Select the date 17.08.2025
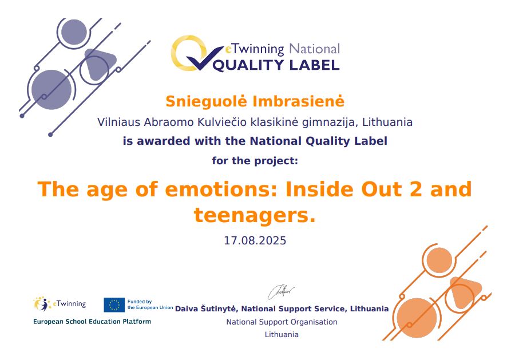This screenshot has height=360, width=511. click(255, 240)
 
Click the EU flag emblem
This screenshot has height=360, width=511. click(114, 305)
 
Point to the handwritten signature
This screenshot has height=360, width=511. click(281, 292)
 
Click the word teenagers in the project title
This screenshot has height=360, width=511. click(255, 216)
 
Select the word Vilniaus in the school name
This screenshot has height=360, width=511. click(118, 122)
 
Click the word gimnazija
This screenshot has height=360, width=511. click(331, 122)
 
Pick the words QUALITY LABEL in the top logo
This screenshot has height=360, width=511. click(276, 65)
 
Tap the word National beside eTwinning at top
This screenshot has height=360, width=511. click(315, 49)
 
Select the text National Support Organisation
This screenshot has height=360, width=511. click(282, 322)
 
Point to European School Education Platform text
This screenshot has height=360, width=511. click(92, 322)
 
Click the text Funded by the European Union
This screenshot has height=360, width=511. click(150, 304)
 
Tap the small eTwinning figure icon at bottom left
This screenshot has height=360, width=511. click(42, 304)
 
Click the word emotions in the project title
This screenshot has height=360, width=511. click(221, 189)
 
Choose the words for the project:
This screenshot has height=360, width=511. click(255, 161)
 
